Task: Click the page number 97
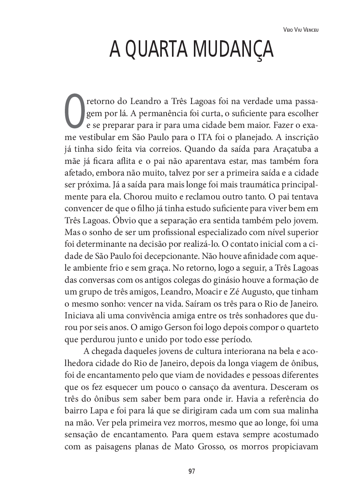coord(191,471)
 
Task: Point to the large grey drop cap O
coord(74,112)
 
